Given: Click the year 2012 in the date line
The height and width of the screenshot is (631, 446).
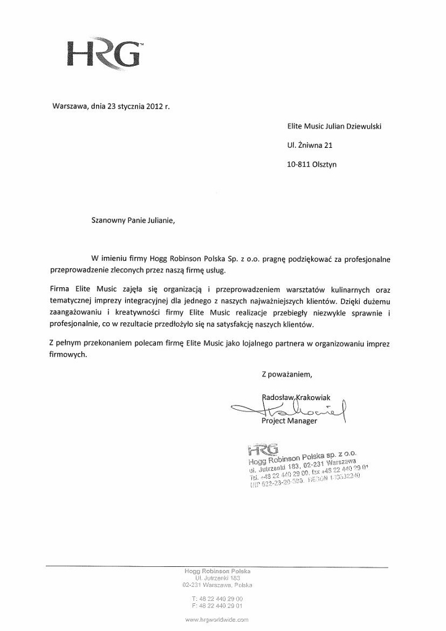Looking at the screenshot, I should (x=155, y=106).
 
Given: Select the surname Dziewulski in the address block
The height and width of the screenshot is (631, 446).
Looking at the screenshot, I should (x=360, y=126).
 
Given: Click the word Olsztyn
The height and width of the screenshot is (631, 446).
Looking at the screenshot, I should (x=324, y=165).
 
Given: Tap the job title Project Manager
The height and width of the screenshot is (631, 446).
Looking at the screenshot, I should (x=290, y=421).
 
